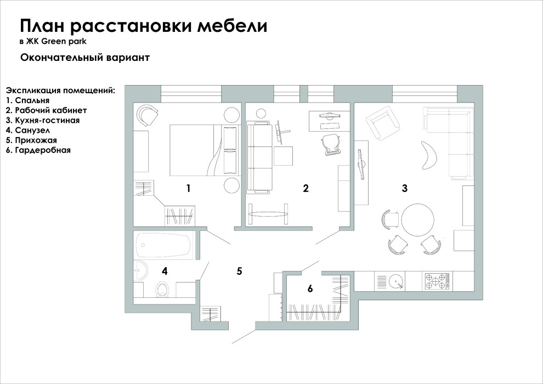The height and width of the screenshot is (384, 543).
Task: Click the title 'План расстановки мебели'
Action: (x=143, y=26)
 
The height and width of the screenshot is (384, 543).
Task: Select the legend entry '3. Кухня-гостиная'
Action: (x=43, y=120)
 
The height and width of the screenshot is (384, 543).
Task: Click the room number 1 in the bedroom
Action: (x=188, y=189)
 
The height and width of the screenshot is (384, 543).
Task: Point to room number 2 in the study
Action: (x=306, y=189)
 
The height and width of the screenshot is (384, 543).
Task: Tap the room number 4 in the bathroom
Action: (x=164, y=270)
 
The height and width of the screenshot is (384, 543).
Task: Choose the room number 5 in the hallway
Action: (x=239, y=271)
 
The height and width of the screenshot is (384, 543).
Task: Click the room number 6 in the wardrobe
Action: (x=310, y=289)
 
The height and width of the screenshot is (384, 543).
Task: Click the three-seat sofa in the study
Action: (x=259, y=157)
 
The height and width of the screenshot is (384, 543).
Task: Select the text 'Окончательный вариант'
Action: (x=85, y=57)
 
